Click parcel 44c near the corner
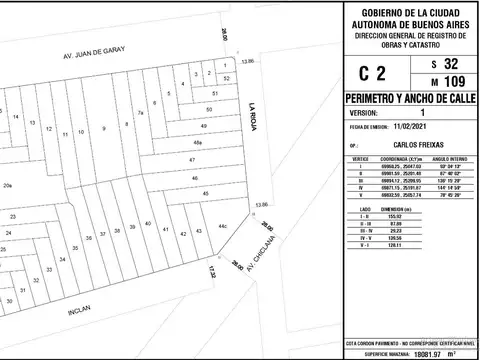click(222, 227)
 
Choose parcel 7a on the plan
click(141, 112)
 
